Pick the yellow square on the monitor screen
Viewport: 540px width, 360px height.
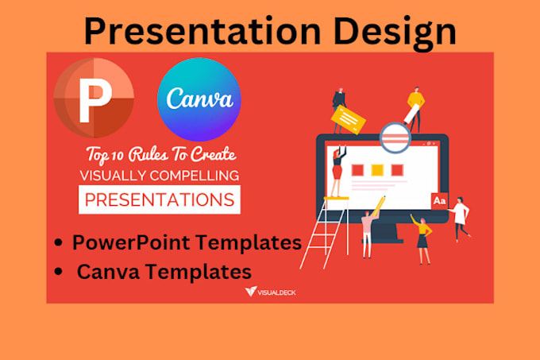(x=376, y=170)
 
